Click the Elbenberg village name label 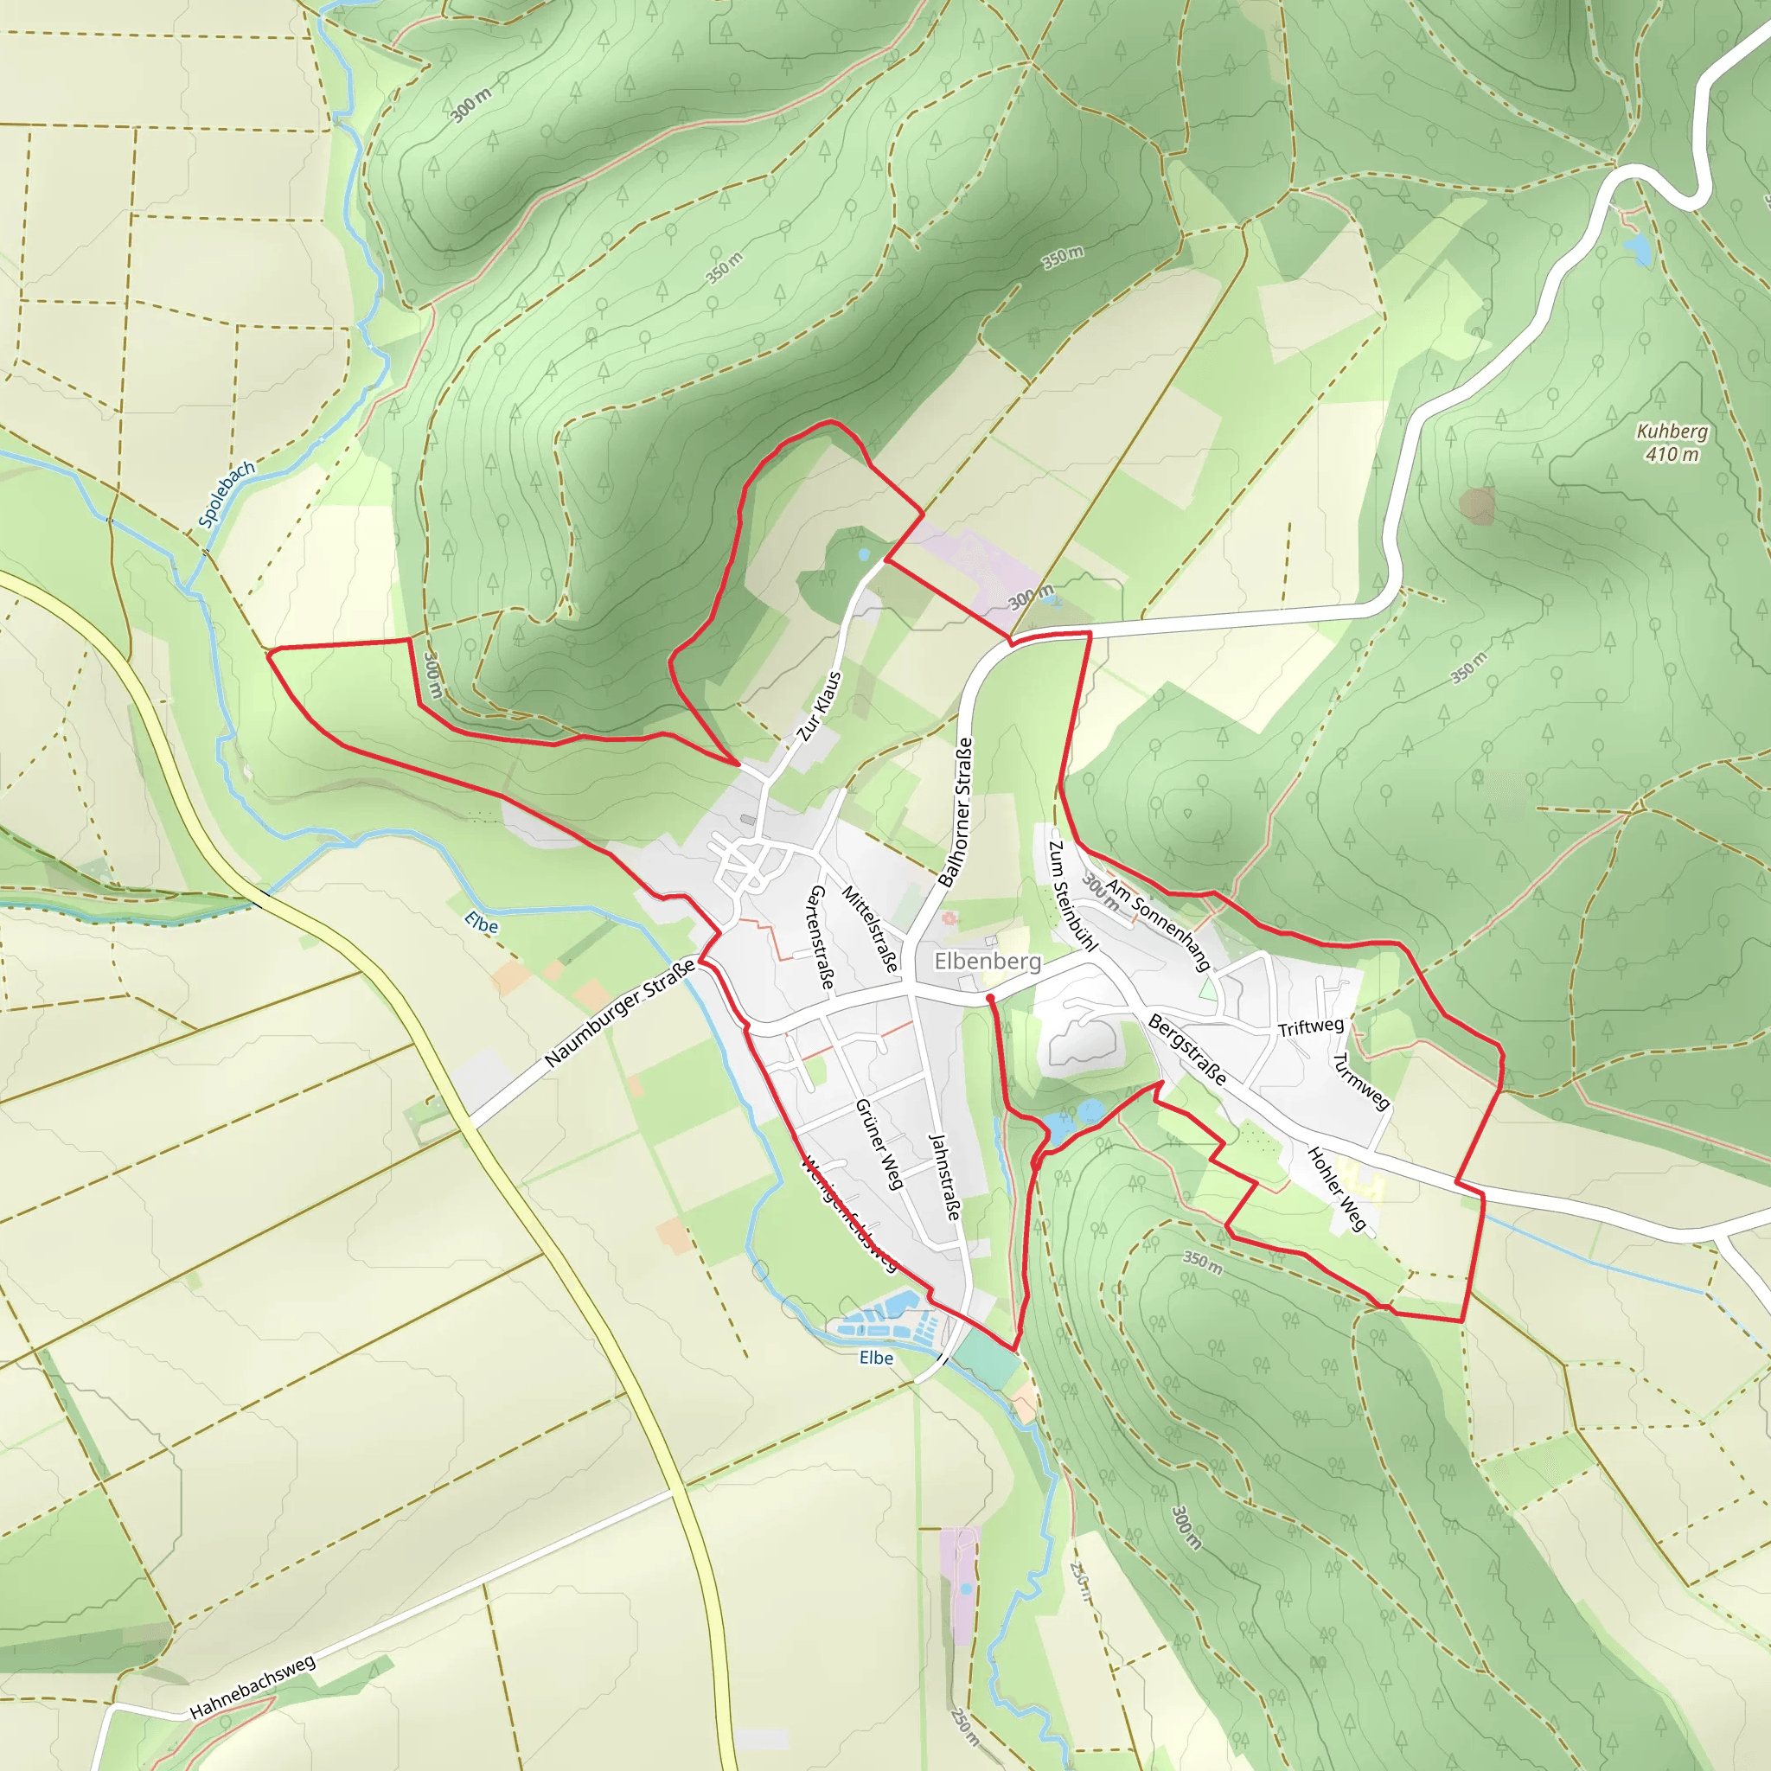[988, 961]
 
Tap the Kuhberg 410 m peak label [1672, 443]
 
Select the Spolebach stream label [227, 495]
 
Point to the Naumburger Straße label [620, 1013]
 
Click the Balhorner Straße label [956, 812]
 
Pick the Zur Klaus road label [819, 706]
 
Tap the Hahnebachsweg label [253, 1686]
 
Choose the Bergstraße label [1187, 1050]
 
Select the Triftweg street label [1311, 1026]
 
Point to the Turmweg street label [1361, 1081]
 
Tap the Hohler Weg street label [1337, 1188]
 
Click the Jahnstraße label [944, 1177]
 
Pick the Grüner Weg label [879, 1144]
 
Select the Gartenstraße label [821, 937]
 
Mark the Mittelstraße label [870, 929]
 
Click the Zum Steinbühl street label [1072, 896]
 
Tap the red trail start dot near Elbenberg [990, 997]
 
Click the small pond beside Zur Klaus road [862, 554]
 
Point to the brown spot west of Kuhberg [1477, 505]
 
